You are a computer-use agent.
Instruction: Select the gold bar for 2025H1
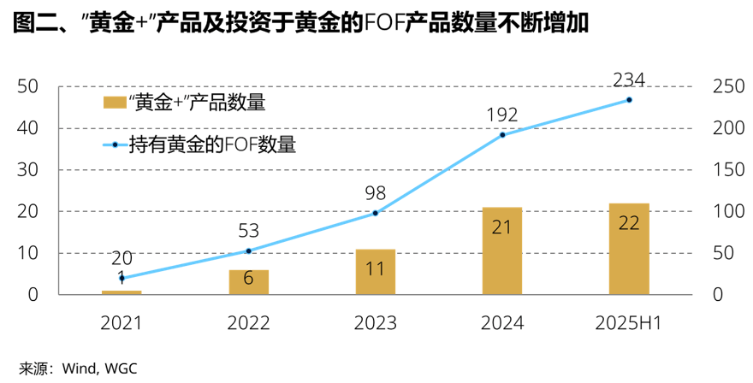(629, 249)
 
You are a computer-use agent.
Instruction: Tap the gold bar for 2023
(375, 272)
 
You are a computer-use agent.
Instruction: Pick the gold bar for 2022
(248, 282)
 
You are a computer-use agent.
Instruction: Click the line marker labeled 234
(629, 100)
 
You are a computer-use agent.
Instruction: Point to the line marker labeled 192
(502, 135)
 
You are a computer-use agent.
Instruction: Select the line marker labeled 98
(375, 213)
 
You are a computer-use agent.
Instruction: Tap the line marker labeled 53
(248, 250)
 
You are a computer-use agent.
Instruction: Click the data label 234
(629, 80)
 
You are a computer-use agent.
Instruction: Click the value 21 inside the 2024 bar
(502, 227)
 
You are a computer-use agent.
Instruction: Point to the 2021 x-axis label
(121, 323)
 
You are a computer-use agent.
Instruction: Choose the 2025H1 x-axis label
(629, 323)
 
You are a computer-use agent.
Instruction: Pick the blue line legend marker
(114, 144)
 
